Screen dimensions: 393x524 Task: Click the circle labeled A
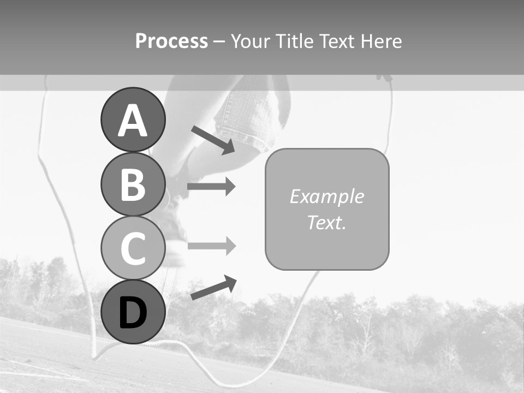133,120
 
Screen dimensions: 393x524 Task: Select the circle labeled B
133,184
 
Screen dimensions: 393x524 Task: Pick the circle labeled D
133,312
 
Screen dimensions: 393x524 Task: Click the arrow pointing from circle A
213,140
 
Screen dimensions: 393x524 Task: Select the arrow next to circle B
211,187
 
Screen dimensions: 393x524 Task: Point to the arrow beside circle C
211,246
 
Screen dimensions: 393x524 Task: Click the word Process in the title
171,41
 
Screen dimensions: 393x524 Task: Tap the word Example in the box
326,196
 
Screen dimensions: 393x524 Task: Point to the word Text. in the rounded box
326,222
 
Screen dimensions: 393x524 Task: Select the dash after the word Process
219,41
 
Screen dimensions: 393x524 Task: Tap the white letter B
133,184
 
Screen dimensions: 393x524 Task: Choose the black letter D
133,313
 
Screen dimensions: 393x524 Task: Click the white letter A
133,121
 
